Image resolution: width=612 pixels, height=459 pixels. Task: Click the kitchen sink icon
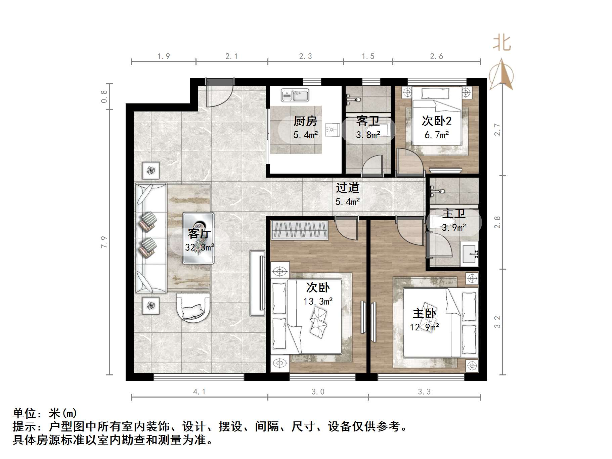click(x=295, y=95)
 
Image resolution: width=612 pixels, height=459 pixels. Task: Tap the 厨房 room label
click(x=305, y=121)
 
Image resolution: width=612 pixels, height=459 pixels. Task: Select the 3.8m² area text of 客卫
click(x=368, y=135)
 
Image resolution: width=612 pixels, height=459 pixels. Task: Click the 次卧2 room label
click(x=436, y=121)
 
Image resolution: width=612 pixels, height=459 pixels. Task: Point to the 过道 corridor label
click(x=347, y=188)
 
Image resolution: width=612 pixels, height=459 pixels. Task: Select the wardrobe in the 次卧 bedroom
click(x=299, y=230)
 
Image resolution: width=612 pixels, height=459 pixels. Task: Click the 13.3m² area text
click(x=318, y=302)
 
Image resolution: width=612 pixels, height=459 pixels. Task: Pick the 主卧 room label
click(x=424, y=314)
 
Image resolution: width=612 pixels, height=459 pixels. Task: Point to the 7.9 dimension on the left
click(x=104, y=242)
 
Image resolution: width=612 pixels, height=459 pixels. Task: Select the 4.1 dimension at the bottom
click(x=199, y=392)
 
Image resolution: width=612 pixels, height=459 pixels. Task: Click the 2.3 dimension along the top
click(x=305, y=56)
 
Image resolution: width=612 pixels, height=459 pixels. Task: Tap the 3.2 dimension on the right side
click(x=497, y=322)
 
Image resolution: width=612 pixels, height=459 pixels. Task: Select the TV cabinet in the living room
click(x=258, y=283)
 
